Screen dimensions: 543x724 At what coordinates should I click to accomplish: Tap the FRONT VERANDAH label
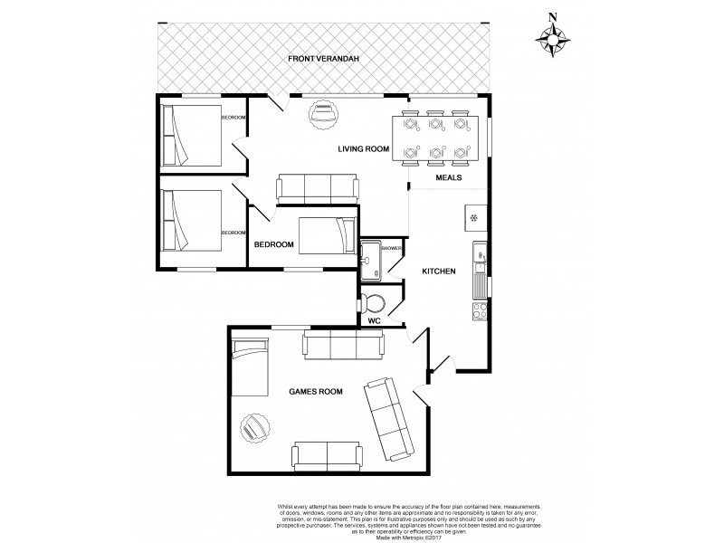point(324,59)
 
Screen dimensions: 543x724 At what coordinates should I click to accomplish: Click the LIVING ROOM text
point(364,148)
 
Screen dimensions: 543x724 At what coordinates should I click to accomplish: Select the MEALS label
point(449,178)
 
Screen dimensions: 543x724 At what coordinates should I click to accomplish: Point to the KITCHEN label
point(439,271)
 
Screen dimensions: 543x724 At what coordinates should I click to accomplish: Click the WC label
point(374,320)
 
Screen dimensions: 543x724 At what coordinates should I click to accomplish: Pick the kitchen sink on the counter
point(481,269)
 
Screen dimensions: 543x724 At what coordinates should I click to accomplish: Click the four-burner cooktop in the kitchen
point(481,310)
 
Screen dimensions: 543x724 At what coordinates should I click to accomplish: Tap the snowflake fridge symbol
point(473,217)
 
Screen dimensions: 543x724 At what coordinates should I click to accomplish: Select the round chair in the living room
point(322,113)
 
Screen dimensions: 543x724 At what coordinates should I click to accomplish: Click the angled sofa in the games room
point(392,419)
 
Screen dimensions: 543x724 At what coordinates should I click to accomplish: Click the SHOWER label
point(391,248)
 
